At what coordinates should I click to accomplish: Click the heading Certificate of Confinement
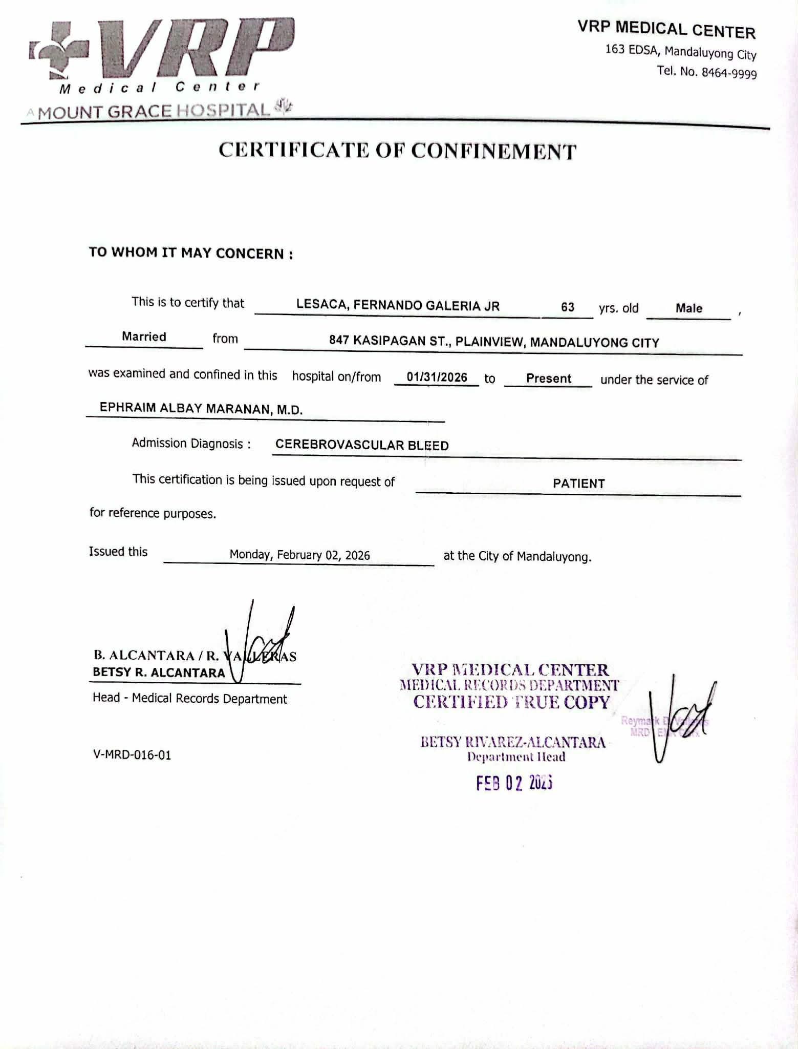click(x=398, y=151)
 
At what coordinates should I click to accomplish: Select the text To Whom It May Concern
click(x=191, y=253)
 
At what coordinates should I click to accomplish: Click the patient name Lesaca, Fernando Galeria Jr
click(x=398, y=306)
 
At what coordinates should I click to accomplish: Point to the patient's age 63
click(x=567, y=307)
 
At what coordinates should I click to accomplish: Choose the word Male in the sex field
click(x=688, y=308)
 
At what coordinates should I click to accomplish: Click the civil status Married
click(x=144, y=337)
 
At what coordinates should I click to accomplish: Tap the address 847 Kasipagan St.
click(x=493, y=342)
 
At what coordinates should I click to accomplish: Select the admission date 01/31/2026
click(x=437, y=377)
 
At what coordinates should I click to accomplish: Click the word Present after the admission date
click(x=548, y=379)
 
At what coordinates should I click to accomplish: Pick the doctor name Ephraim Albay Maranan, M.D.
click(x=201, y=409)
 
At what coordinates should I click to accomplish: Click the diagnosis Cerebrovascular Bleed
click(x=362, y=445)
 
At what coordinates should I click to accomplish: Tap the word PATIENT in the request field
click(x=578, y=483)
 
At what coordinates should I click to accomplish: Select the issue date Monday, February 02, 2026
click(x=299, y=555)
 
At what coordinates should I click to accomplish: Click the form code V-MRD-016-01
click(x=132, y=754)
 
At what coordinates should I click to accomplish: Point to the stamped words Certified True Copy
click(x=511, y=702)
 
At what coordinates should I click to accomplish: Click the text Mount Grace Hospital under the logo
click(x=154, y=111)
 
